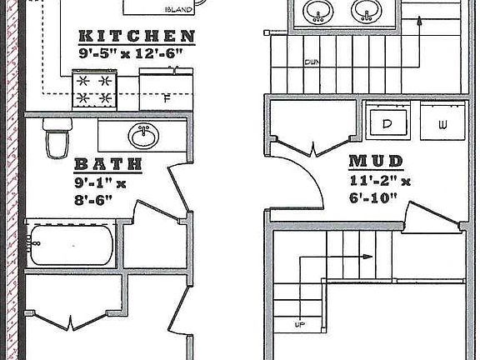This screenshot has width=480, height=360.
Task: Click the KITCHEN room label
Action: pyautogui.click(x=137, y=36)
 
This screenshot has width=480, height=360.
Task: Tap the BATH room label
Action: pyautogui.click(x=108, y=164)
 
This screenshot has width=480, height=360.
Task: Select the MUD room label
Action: pyautogui.click(x=376, y=162)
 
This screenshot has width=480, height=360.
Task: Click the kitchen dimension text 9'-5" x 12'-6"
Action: pyautogui.click(x=131, y=53)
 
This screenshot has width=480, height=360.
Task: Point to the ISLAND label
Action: pyautogui.click(x=179, y=10)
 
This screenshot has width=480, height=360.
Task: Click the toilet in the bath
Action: pyautogui.click(x=57, y=137)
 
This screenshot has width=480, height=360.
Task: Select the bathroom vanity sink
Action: pyautogui.click(x=143, y=136)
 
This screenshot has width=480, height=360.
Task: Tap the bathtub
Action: pyautogui.click(x=70, y=245)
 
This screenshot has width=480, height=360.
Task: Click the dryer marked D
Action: pyautogui.click(x=387, y=121)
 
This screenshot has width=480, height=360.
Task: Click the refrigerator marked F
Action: pyautogui.click(x=166, y=89)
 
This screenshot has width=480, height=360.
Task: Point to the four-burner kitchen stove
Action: pyautogui.click(x=94, y=90)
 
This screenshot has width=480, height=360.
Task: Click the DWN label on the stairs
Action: pyautogui.click(x=312, y=62)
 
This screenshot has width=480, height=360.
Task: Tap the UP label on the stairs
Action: pyautogui.click(x=300, y=324)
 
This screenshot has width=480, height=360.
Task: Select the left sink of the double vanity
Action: pyautogui.click(x=318, y=11)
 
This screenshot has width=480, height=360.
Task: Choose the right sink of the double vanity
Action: pyautogui.click(x=367, y=11)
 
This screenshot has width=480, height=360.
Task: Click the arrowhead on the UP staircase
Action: pyautogui.click(x=367, y=257)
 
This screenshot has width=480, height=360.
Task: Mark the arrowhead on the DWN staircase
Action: pyautogui.click(x=419, y=21)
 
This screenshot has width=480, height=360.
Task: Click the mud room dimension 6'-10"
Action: pyautogui.click(x=373, y=197)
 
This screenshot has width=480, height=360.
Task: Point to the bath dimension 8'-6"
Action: pyautogui.click(x=93, y=200)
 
